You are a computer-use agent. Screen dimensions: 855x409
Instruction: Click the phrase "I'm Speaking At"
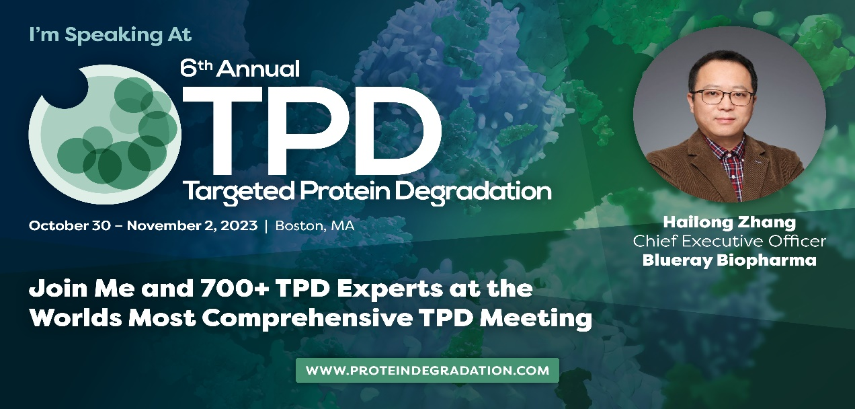click(x=110, y=35)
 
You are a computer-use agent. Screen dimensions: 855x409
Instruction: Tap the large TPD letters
click(x=312, y=131)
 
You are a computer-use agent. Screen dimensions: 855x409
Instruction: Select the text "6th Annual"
click(x=240, y=69)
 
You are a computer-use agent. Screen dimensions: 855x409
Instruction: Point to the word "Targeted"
click(x=239, y=191)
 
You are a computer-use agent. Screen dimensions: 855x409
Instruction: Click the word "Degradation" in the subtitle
click(x=473, y=191)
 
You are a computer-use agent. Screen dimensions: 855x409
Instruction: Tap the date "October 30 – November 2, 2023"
click(x=143, y=226)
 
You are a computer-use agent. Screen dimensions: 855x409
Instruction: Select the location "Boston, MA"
click(x=315, y=226)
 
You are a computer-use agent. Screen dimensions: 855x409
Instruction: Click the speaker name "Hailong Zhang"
click(x=729, y=223)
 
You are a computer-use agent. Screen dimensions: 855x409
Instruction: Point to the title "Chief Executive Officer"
click(x=729, y=241)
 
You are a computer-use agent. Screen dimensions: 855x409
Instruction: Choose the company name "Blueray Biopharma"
click(x=729, y=260)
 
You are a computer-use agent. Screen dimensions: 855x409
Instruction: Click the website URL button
click(x=427, y=370)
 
